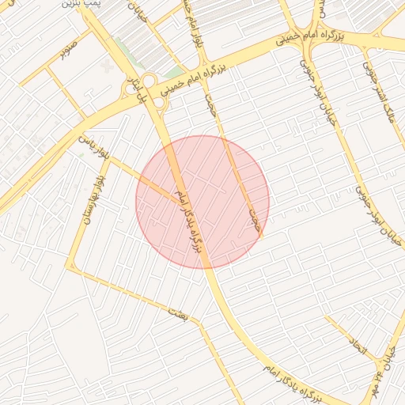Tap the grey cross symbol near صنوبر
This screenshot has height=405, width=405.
click(108, 60)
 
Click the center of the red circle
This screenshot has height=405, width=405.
click(202, 202)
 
